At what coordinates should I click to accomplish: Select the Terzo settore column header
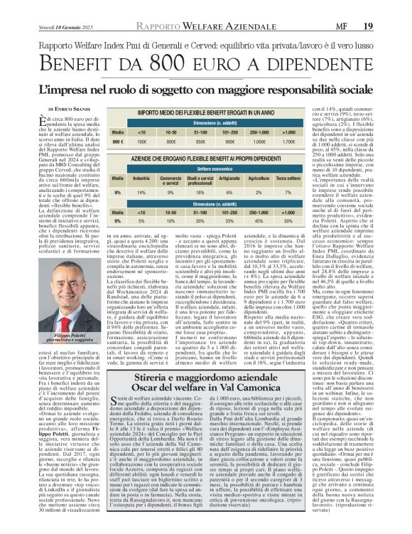point(308,178)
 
